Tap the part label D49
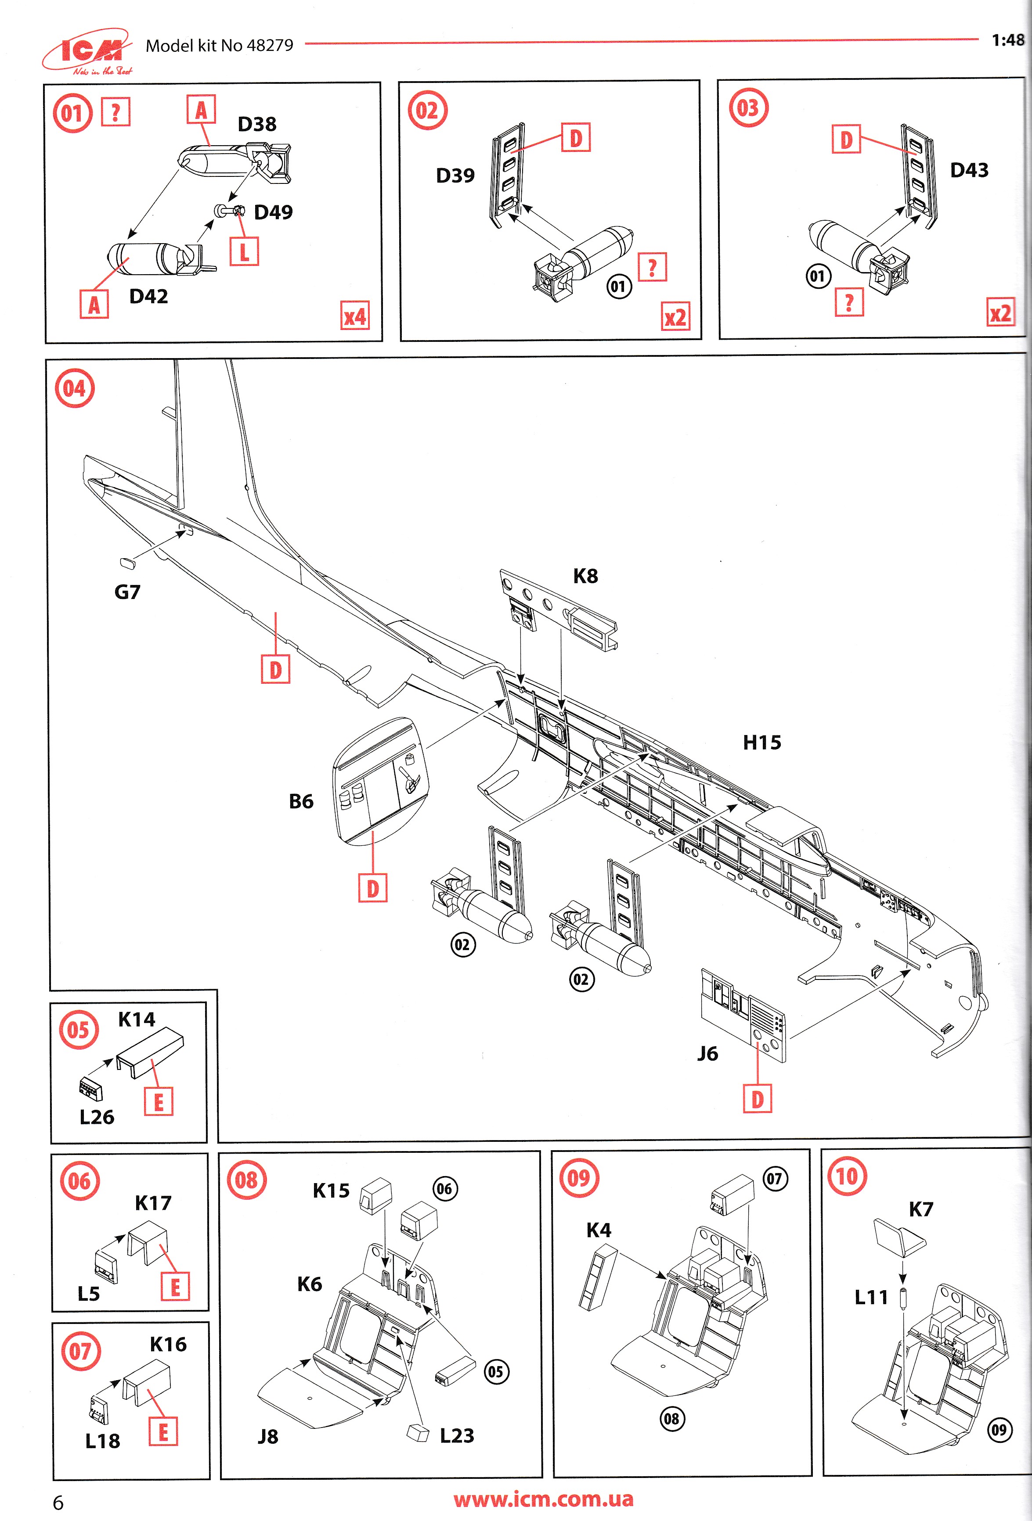click(x=273, y=212)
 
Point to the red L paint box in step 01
click(x=244, y=251)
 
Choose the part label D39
click(x=455, y=176)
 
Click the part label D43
click(x=969, y=170)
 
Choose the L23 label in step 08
click(x=456, y=1435)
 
